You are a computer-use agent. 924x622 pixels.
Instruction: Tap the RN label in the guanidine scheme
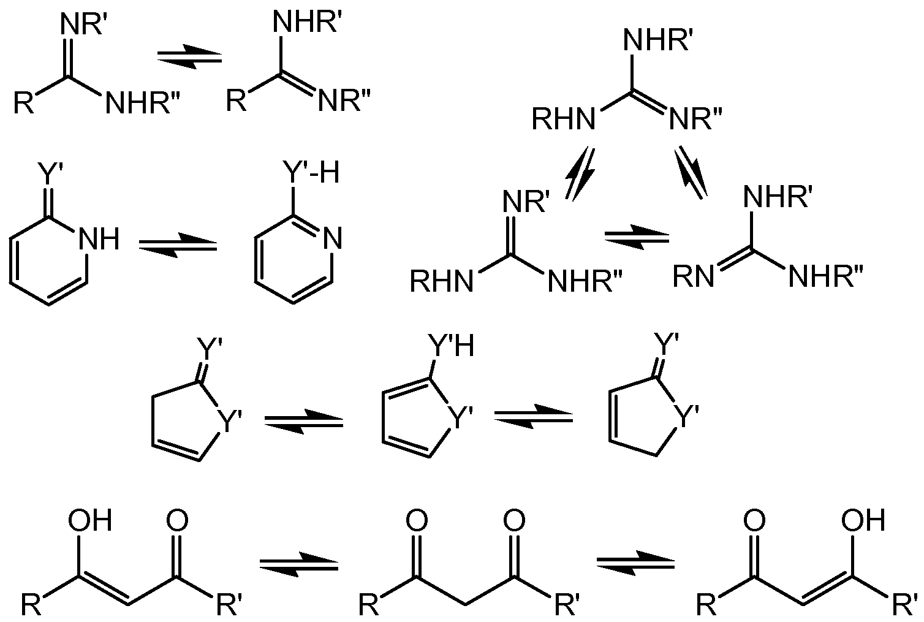(693, 276)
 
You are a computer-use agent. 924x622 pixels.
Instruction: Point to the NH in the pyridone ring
(99, 239)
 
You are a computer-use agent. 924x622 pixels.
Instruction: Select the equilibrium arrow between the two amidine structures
(189, 58)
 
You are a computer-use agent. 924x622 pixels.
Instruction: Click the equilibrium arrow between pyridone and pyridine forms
(178, 245)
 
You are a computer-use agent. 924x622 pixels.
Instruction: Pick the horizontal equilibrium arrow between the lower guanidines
(637, 238)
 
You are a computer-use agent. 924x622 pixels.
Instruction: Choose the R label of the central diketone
(368, 605)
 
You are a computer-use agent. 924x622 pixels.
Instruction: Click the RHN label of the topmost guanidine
(564, 119)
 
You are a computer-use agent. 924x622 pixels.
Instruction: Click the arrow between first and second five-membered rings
(303, 421)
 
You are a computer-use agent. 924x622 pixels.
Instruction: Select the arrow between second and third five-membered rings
(533, 417)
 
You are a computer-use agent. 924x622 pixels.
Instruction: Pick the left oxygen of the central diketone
(417, 520)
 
